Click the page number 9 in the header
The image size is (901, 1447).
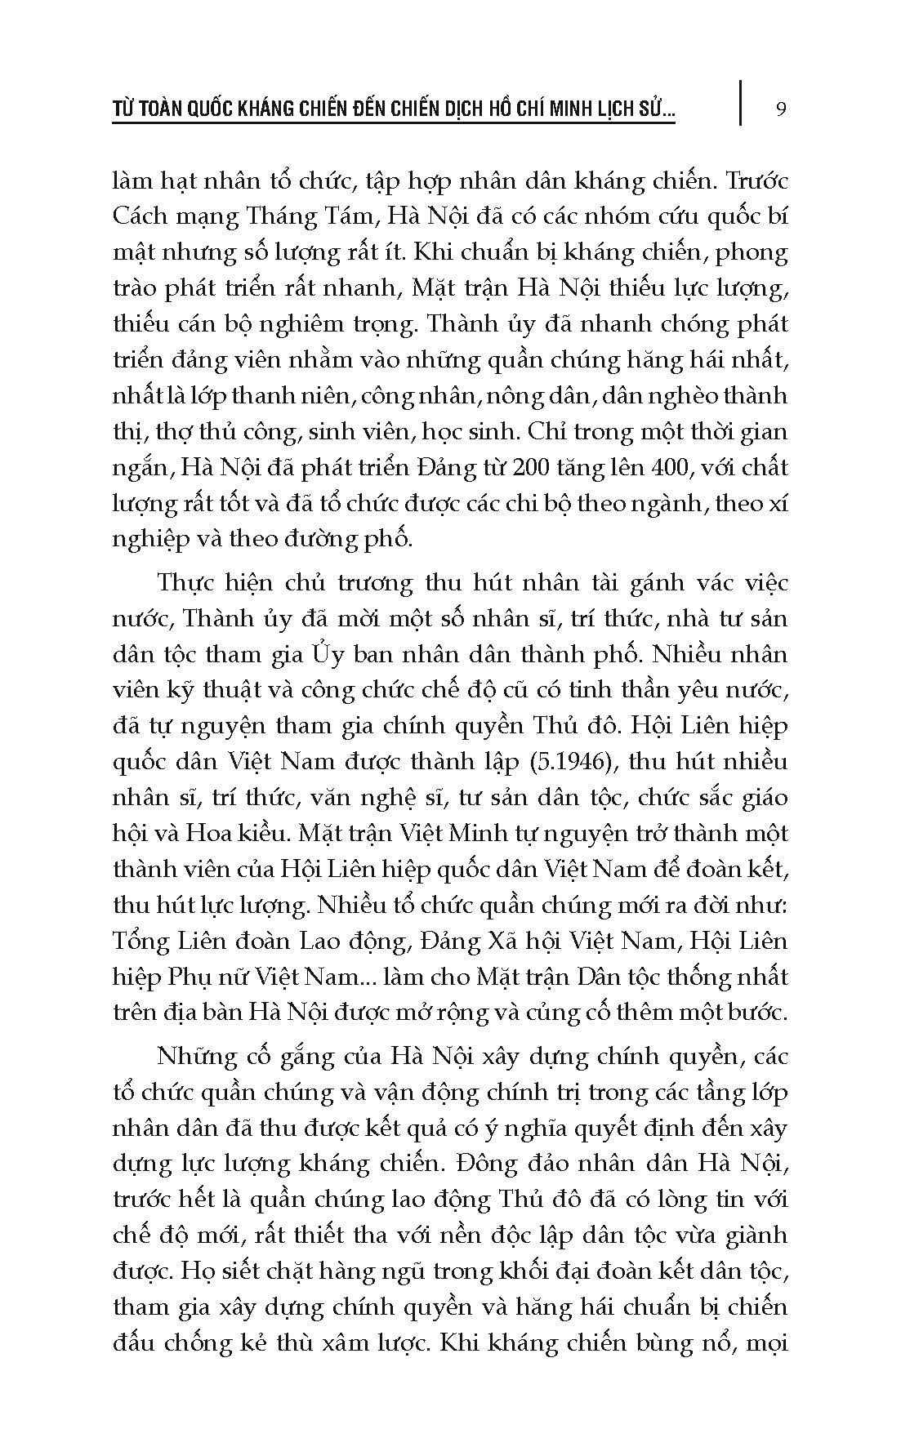(781, 109)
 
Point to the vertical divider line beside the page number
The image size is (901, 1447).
(742, 102)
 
